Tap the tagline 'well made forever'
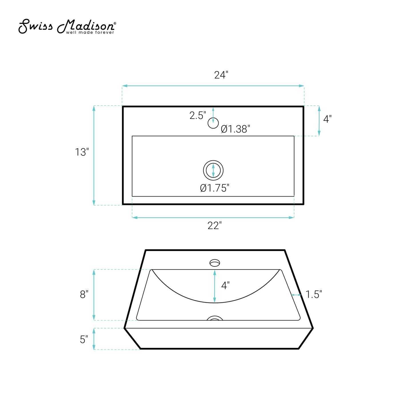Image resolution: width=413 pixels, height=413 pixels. tap(90, 32)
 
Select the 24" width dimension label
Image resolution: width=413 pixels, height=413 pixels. tap(221, 75)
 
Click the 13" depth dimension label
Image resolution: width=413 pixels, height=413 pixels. tap(82, 152)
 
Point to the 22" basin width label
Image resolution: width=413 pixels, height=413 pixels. tap(215, 226)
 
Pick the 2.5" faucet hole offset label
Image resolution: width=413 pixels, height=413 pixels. tap(197, 115)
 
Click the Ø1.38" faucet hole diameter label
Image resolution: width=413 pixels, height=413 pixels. tap(235, 129)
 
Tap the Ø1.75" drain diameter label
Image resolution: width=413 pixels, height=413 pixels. tap(215, 188)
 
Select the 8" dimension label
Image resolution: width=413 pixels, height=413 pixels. tap(84, 294)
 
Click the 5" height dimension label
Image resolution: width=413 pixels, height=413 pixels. tap(84, 339)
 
